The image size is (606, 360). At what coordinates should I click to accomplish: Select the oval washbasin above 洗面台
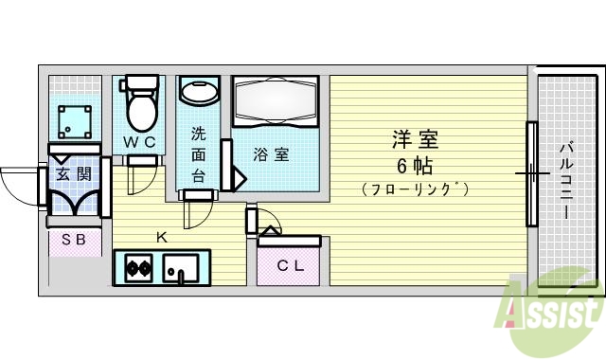(199, 94)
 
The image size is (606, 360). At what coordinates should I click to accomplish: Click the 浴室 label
(271, 153)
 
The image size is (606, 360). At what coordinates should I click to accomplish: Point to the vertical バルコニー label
(565, 180)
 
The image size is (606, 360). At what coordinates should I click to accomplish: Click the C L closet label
(290, 265)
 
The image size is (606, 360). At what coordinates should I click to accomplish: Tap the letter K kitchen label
(161, 237)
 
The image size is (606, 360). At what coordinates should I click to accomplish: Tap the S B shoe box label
(74, 241)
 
